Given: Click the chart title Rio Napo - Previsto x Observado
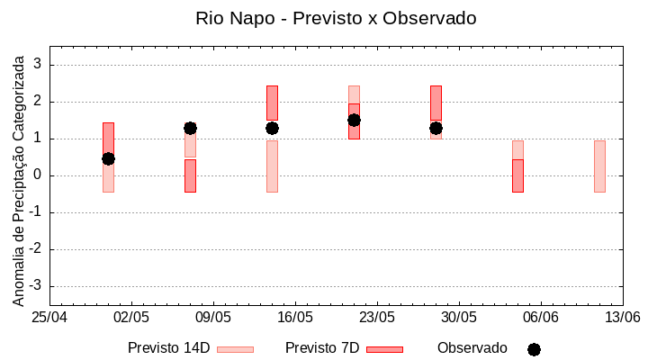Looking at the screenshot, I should click(336, 18).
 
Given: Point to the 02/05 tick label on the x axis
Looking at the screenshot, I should click(131, 317).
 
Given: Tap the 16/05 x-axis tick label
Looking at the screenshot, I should click(295, 317).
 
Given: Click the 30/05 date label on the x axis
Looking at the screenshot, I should click(459, 317).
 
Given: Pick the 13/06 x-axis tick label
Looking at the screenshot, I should click(622, 317).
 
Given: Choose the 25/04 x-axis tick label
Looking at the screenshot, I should click(49, 317).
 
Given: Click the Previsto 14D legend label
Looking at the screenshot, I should click(168, 348).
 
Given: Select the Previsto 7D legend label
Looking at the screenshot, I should click(322, 348).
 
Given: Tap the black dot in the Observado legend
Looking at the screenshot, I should click(534, 349).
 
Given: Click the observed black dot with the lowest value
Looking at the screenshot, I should click(108, 158).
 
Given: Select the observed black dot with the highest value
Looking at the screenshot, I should click(354, 120).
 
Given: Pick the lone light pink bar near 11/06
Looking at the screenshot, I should click(599, 166).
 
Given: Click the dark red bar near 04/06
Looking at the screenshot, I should click(517, 175).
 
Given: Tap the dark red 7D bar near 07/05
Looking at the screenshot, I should click(190, 175).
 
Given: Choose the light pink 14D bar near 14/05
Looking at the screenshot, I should click(272, 166).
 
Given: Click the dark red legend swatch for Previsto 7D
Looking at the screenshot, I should click(384, 349).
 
